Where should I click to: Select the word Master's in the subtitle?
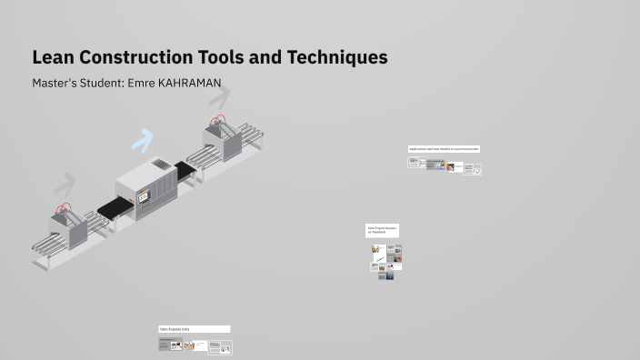click(56, 84)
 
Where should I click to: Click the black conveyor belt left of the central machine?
click(114, 210)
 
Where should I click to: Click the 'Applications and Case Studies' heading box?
click(444, 149)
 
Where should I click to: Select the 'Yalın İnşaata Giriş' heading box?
click(195, 329)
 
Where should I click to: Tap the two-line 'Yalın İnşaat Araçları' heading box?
click(383, 230)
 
